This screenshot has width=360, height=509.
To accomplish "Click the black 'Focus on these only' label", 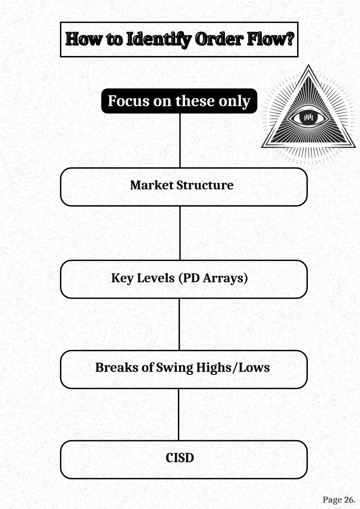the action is coord(179,101).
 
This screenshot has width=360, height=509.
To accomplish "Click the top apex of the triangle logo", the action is coord(309,67).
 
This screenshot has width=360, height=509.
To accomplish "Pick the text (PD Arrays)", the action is coord(212,278).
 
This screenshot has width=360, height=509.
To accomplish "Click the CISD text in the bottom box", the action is coord(180,458).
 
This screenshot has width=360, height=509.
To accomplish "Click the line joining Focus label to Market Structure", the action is coord(180,140).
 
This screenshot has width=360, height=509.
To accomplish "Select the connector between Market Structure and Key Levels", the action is coord(180,233).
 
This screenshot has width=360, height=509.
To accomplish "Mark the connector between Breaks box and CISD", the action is coord(179,414).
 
